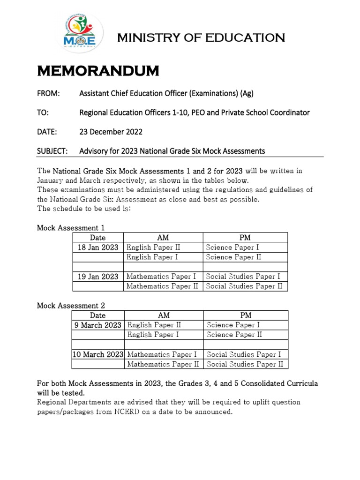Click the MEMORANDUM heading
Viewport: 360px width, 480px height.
coord(98,71)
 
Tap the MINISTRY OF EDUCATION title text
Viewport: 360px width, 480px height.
coord(201,37)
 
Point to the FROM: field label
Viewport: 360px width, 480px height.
coord(48,93)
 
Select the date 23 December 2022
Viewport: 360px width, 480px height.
coord(111,132)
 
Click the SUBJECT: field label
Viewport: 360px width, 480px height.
coord(52,151)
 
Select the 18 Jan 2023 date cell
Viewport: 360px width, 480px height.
coord(98,247)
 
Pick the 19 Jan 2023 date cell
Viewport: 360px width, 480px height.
coord(98,277)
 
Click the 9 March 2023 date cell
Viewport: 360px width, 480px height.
coord(98,325)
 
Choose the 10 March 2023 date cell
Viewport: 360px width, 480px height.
coord(98,354)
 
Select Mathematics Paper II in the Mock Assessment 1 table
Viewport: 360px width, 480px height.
coord(162,286)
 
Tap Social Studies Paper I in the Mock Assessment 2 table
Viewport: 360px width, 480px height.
coord(244,354)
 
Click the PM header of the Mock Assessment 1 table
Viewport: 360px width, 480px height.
coord(245,238)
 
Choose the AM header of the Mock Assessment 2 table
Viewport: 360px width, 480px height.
coord(164,315)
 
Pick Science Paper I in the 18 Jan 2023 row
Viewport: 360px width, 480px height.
coord(232,247)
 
